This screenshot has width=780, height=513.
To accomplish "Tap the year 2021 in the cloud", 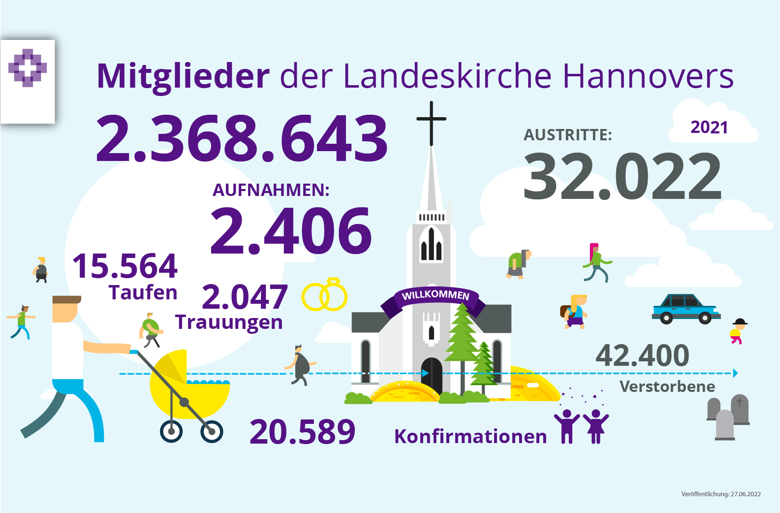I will pos(709,128).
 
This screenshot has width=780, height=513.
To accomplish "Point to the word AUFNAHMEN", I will pos(271,190).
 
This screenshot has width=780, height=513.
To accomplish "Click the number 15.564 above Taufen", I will pos(125,266).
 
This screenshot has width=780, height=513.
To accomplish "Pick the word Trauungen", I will pos(229,322).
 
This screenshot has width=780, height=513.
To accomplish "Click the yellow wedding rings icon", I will pos(325,295).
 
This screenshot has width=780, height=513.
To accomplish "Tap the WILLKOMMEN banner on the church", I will pos(436,296).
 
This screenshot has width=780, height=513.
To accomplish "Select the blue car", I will pos(686,309).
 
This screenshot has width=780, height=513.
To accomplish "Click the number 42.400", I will pos(642,355).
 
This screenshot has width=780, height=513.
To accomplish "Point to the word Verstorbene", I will pos(667,386).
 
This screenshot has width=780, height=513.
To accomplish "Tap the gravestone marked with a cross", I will pos(740,409).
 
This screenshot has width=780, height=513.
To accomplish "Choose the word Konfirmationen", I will pos(470,437).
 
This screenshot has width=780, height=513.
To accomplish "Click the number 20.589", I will pos(302,432).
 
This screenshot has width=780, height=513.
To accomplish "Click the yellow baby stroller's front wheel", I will pos(212,432).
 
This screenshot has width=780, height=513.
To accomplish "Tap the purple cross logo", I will pos(28,68).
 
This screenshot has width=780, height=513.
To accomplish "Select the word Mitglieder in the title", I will pos(183,76).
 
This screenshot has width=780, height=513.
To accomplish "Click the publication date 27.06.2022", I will pos(746,494).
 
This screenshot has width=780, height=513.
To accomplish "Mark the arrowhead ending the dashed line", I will pos(735,373).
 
